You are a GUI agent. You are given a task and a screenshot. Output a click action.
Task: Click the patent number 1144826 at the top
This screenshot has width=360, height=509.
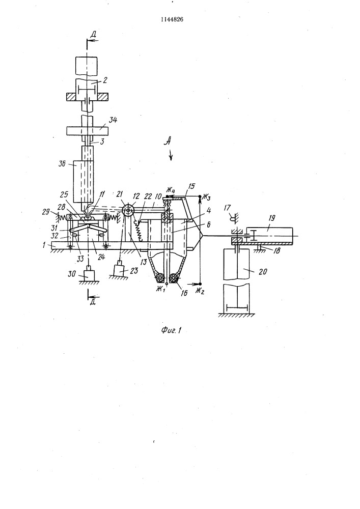[x=172, y=19]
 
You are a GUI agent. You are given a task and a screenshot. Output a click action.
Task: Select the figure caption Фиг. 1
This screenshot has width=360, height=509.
[x=171, y=330]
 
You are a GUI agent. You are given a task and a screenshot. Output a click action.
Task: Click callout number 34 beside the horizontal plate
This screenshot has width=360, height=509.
[x=113, y=121]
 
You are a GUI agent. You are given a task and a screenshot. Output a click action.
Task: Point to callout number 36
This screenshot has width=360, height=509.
[x=62, y=163]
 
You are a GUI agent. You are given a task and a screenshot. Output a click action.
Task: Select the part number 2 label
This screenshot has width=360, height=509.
[x=105, y=80]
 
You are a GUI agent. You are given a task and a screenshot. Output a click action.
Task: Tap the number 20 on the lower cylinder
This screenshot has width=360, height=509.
[x=262, y=271]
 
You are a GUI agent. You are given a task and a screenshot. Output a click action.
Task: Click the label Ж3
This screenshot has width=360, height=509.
[x=206, y=196]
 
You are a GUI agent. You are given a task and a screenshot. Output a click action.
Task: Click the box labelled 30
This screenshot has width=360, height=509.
[x=88, y=274]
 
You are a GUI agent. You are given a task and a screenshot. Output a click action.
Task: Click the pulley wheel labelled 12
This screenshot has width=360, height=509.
[x=129, y=210]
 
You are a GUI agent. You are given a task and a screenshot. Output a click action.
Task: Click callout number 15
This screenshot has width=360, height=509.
[x=191, y=186]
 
